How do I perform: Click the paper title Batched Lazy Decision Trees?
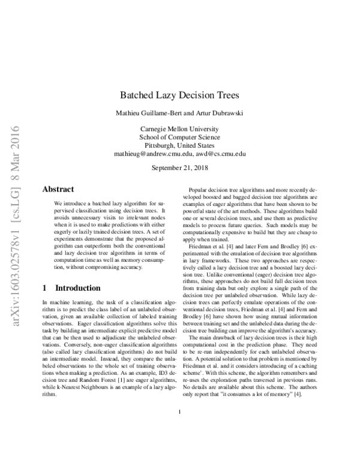coord(180,95)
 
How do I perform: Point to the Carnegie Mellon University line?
coord(180,129)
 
